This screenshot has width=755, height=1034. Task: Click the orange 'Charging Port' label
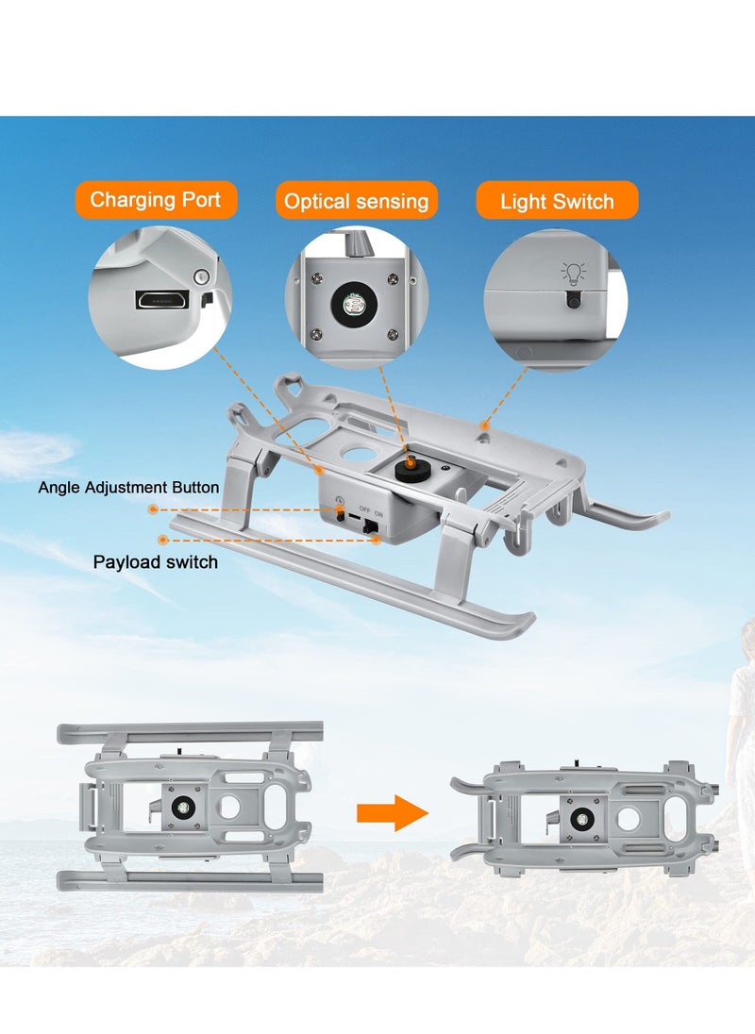pyautogui.click(x=156, y=200)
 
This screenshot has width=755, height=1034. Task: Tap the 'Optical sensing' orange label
pyautogui.click(x=356, y=201)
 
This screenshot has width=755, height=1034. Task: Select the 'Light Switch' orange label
pyautogui.click(x=557, y=201)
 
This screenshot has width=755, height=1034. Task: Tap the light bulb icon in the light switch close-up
pyautogui.click(x=572, y=274)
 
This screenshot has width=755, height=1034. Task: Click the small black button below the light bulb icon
pyautogui.click(x=572, y=300)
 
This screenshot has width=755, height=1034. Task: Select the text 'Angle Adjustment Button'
pyautogui.click(x=128, y=488)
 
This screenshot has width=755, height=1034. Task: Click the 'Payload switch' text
pyautogui.click(x=155, y=562)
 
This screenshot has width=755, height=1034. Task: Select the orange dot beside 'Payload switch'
pyautogui.click(x=163, y=540)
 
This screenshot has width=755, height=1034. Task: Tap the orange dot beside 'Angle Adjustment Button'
pyautogui.click(x=152, y=509)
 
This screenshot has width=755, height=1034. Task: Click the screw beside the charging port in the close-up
pyautogui.click(x=199, y=276)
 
